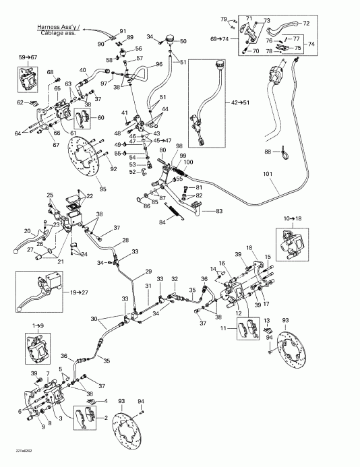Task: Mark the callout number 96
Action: point(159,64)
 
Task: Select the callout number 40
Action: point(84,69)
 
